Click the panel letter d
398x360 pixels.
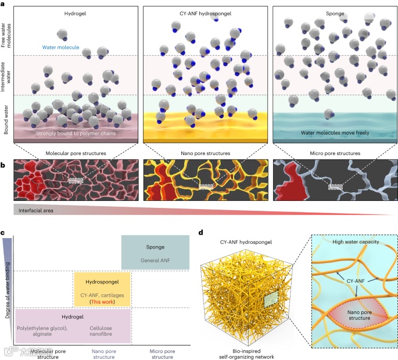click(x=201, y=233)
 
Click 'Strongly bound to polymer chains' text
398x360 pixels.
click(x=77, y=134)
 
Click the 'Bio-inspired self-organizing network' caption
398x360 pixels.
click(x=239, y=351)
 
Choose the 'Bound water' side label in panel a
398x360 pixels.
click(x=6, y=120)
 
